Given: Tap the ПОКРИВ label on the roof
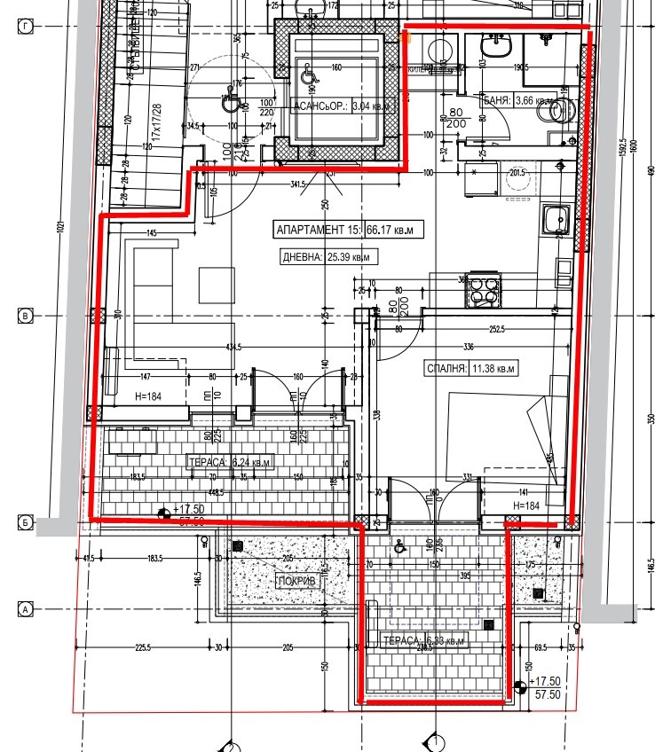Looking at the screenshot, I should pyautogui.click(x=296, y=582).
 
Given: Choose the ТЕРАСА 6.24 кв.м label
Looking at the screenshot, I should pyautogui.click(x=229, y=462).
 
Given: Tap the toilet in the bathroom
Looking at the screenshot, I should pyautogui.click(x=561, y=109).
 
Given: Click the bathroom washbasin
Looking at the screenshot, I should pyautogui.click(x=492, y=44).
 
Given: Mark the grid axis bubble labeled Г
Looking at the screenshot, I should pyautogui.click(x=26, y=27).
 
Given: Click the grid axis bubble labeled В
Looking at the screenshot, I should pyautogui.click(x=26, y=316).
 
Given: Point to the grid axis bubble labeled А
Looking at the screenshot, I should pyautogui.click(x=26, y=609).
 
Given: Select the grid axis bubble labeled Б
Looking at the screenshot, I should pyautogui.click(x=26, y=523).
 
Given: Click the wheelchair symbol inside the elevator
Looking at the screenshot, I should pyautogui.click(x=310, y=75).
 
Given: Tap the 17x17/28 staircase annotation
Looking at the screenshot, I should pyautogui.click(x=156, y=121).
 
